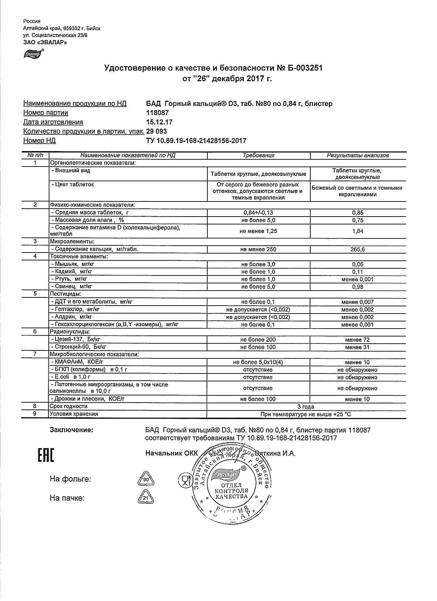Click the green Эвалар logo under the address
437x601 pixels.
click(33, 54)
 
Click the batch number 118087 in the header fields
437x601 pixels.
click(157, 113)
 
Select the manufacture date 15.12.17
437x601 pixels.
click(159, 122)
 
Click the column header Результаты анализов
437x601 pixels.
click(357, 155)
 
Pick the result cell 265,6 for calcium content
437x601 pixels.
click(357, 249)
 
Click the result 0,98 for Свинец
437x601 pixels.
click(357, 287)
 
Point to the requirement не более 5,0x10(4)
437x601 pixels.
click(258, 362)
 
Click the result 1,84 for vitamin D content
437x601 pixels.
click(357, 231)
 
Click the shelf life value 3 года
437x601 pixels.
click(306, 407)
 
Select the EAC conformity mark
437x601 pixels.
click(45, 455)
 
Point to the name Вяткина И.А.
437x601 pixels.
click(275, 453)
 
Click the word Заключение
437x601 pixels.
click(71, 430)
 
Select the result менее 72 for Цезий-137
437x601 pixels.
click(357, 340)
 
